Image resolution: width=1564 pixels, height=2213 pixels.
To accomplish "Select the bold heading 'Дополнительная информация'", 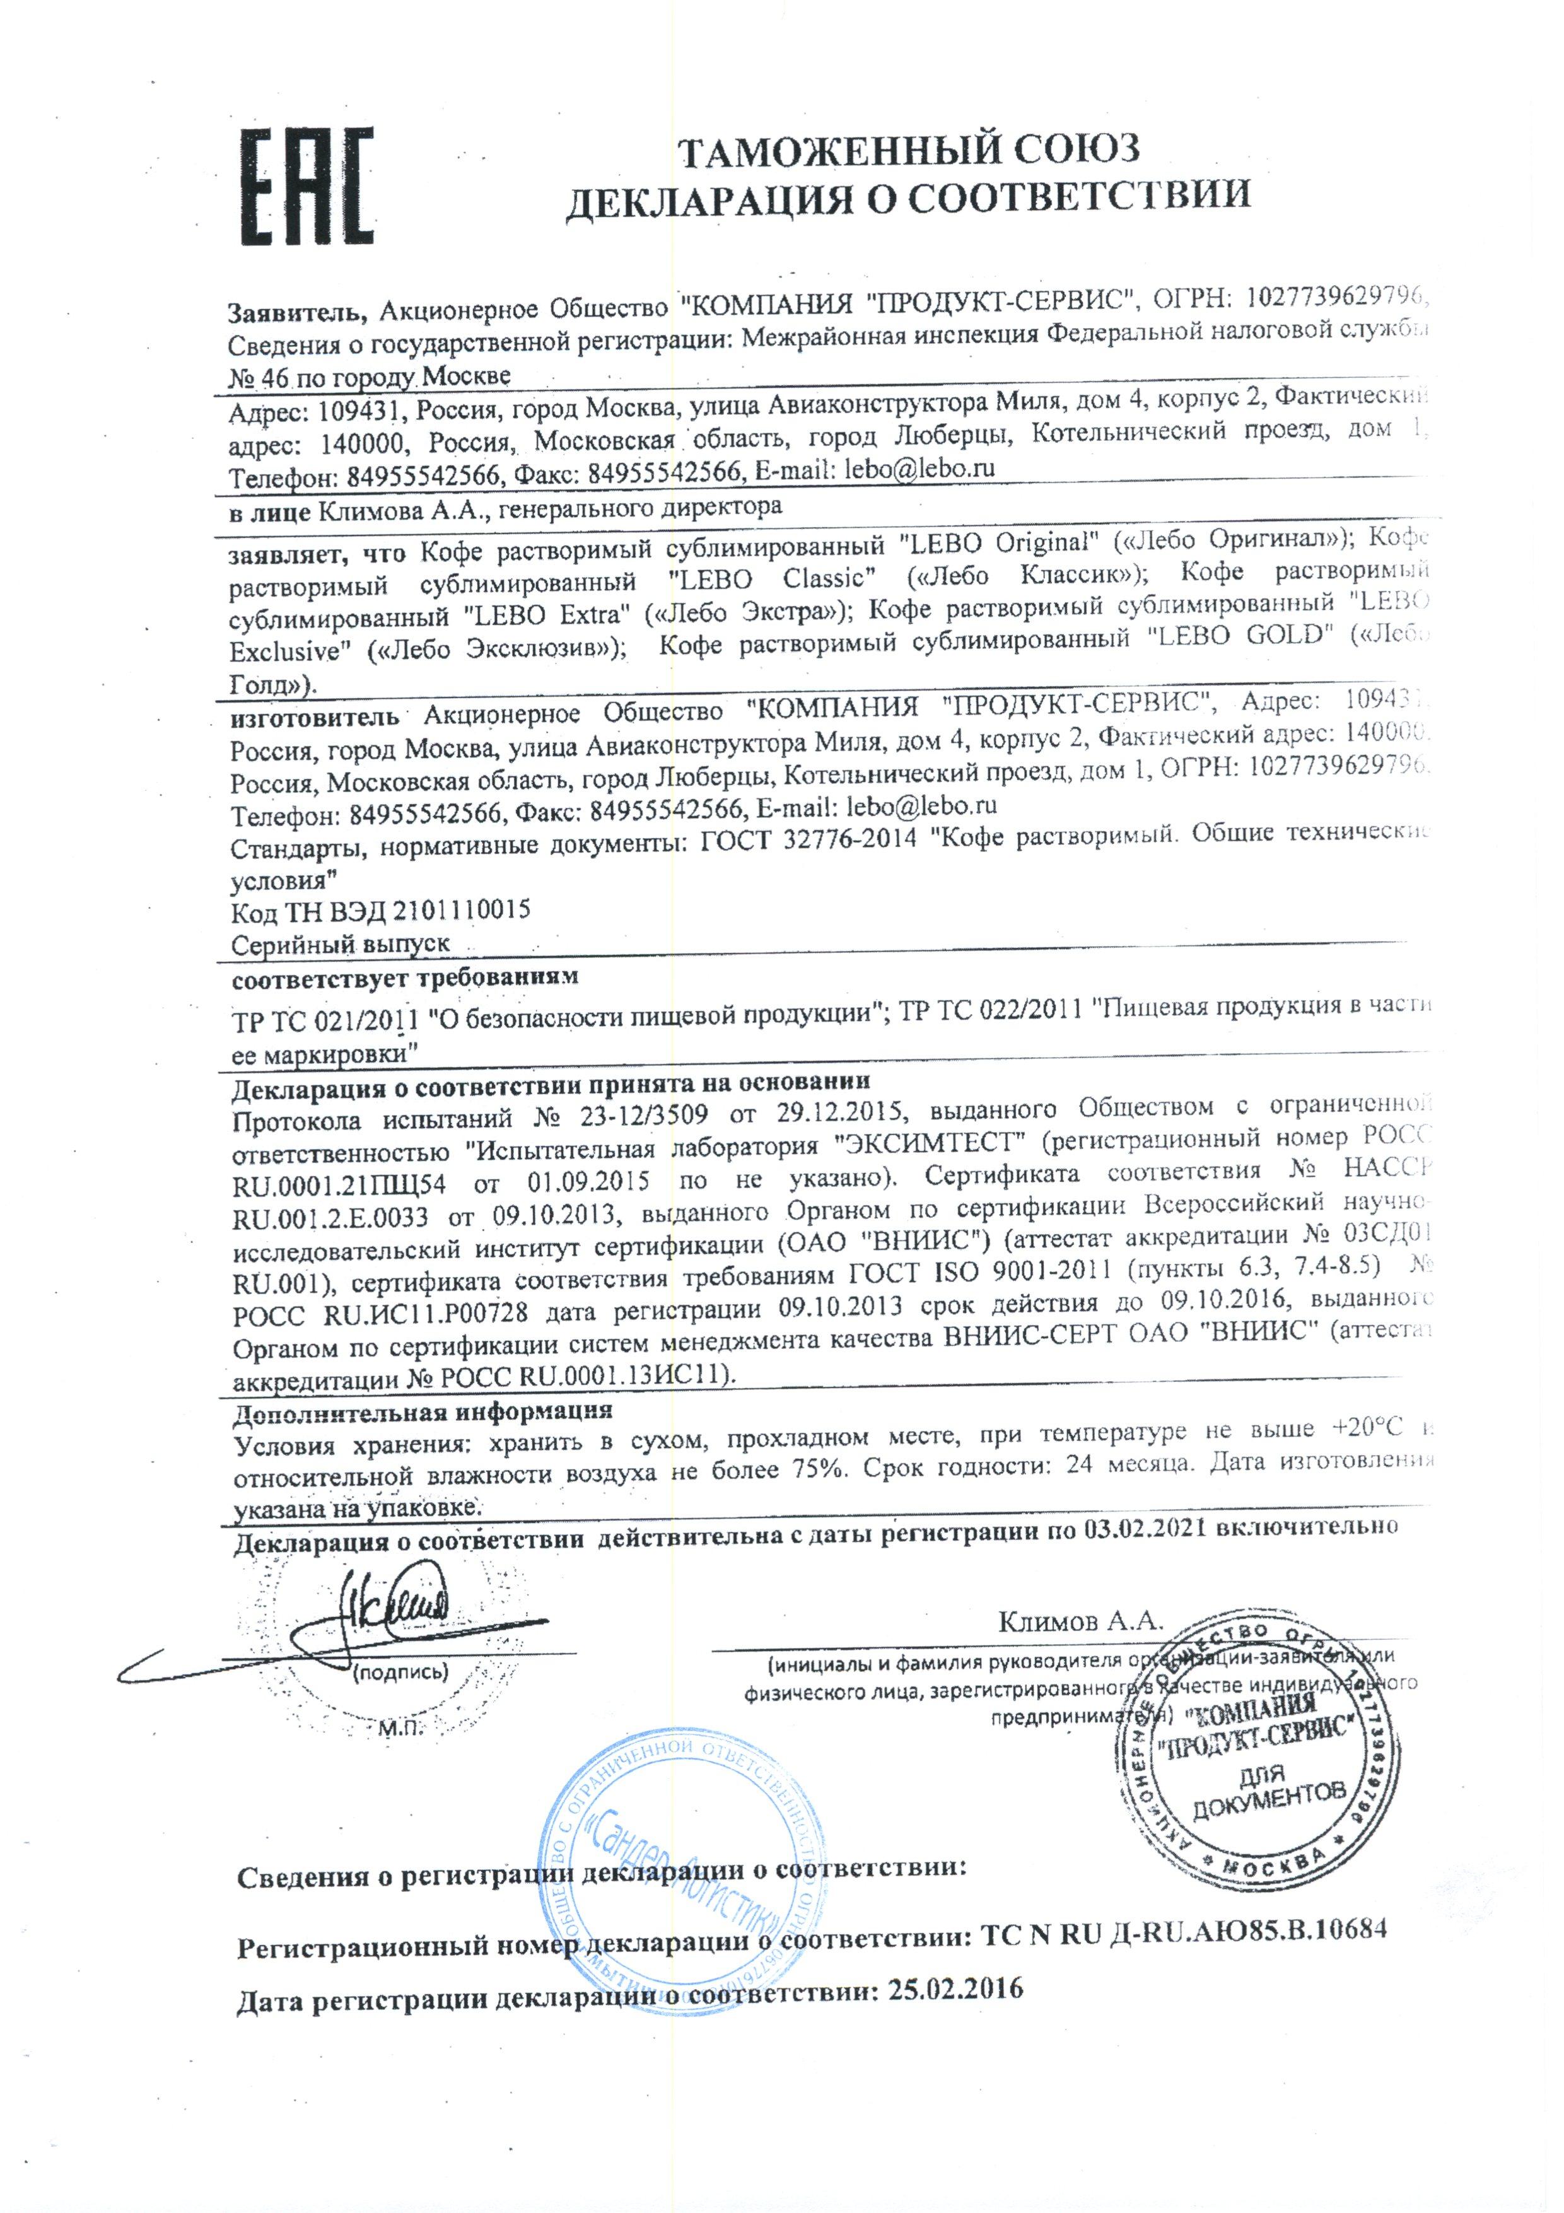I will pos(423,1412).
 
